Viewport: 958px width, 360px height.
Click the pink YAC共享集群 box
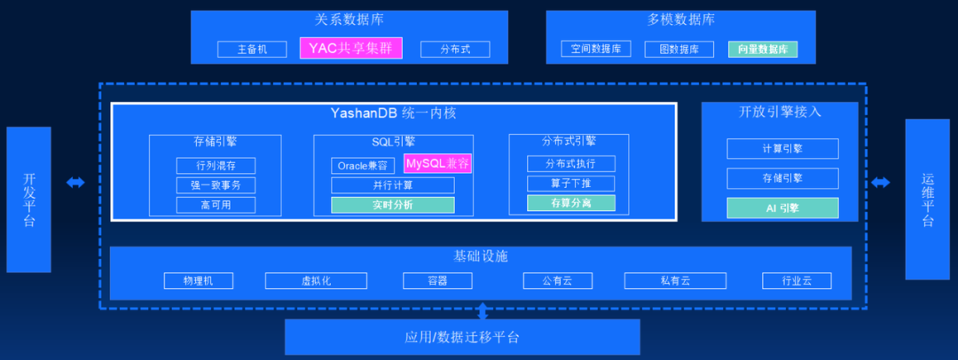(350, 48)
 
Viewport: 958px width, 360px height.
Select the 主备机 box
(252, 50)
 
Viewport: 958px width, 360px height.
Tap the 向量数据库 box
(762, 50)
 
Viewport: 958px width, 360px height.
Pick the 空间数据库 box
(595, 50)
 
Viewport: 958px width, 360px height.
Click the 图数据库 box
(679, 50)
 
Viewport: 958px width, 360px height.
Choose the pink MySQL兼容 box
(437, 163)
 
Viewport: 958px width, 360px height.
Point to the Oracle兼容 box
(363, 166)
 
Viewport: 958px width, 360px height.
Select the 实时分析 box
(392, 205)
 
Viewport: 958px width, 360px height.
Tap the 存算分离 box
(570, 203)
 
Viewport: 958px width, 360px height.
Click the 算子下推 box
(570, 184)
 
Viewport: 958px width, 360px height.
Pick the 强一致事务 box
(216, 185)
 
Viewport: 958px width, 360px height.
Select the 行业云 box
(797, 281)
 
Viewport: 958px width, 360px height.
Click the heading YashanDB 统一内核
(393, 114)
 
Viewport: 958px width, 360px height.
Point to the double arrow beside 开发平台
(75, 183)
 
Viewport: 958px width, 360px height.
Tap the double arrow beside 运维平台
(881, 183)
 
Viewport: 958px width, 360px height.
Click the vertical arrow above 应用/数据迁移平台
(483, 311)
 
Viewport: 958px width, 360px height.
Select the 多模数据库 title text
(680, 20)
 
